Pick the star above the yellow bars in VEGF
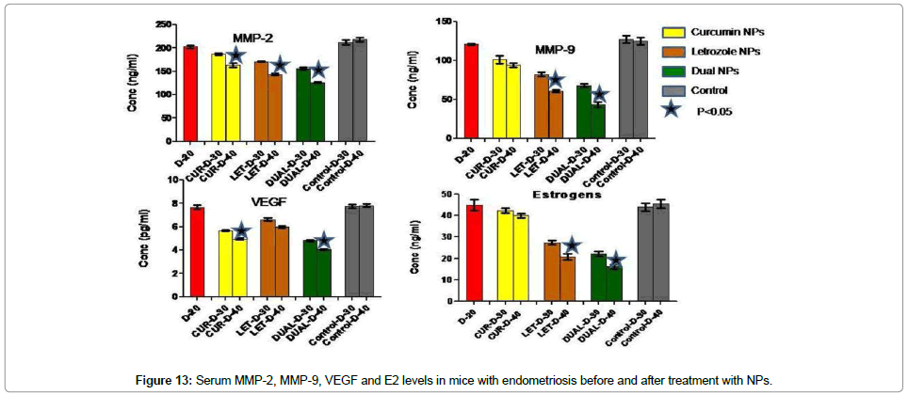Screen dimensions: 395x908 point(240,230)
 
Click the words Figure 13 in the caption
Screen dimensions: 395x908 point(165,380)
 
